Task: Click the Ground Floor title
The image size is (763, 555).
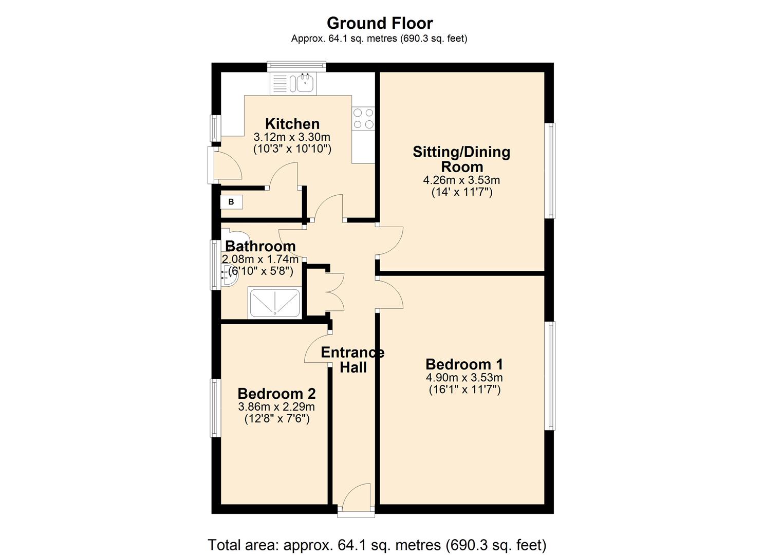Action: click(380, 23)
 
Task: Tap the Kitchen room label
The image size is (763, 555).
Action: click(292, 124)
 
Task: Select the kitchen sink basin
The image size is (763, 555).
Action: click(305, 83)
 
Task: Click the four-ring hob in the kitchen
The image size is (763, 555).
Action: click(363, 118)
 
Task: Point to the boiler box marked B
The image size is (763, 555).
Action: click(231, 202)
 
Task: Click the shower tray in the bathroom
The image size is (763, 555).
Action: click(274, 303)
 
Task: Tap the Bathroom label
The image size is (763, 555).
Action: click(260, 246)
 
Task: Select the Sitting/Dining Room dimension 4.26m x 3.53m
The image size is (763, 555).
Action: click(461, 180)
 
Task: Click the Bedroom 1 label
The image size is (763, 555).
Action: click(464, 364)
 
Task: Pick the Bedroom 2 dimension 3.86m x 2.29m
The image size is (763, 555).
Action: click(276, 406)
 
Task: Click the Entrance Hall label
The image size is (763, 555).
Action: click(352, 360)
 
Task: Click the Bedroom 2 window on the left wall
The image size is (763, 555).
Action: click(215, 408)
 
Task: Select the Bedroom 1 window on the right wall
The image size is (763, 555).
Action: click(550, 376)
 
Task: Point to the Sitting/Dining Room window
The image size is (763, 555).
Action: click(550, 170)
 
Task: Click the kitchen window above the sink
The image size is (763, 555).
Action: click(296, 66)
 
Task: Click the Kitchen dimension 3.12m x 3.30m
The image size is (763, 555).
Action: click(292, 137)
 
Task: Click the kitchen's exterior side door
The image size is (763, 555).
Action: click(225, 164)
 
